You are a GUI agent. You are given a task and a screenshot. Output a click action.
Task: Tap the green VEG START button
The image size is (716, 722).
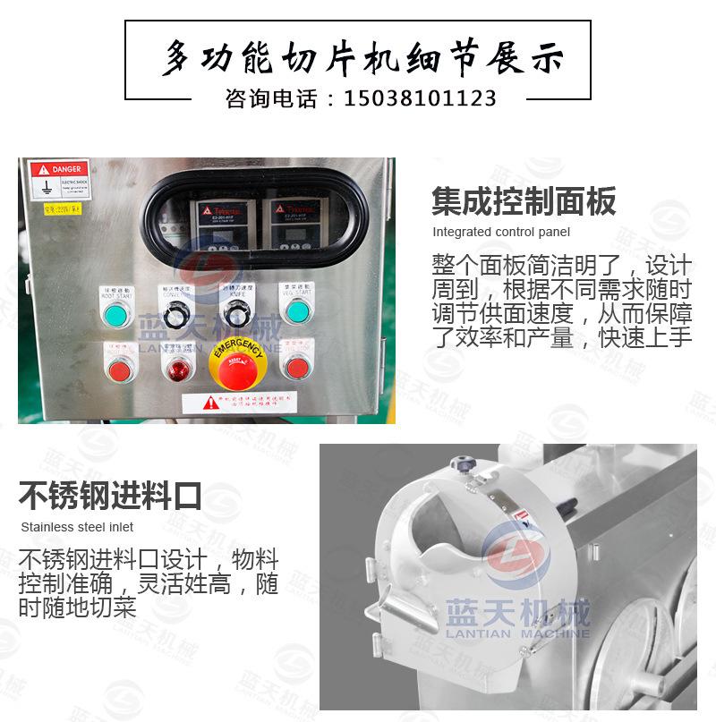[296, 311]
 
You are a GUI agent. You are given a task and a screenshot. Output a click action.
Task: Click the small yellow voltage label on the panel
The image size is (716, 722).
[63, 210]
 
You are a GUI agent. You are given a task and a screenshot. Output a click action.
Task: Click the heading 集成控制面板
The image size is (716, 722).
[524, 201]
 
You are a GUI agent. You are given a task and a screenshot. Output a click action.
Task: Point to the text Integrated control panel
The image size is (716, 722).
[501, 233]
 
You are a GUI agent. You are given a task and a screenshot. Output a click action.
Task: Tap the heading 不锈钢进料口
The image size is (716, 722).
[110, 495]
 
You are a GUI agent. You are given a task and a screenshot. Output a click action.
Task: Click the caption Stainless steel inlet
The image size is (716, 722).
[77, 527]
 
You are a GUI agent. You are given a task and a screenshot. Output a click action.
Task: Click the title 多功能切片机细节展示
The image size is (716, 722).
[362, 58]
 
